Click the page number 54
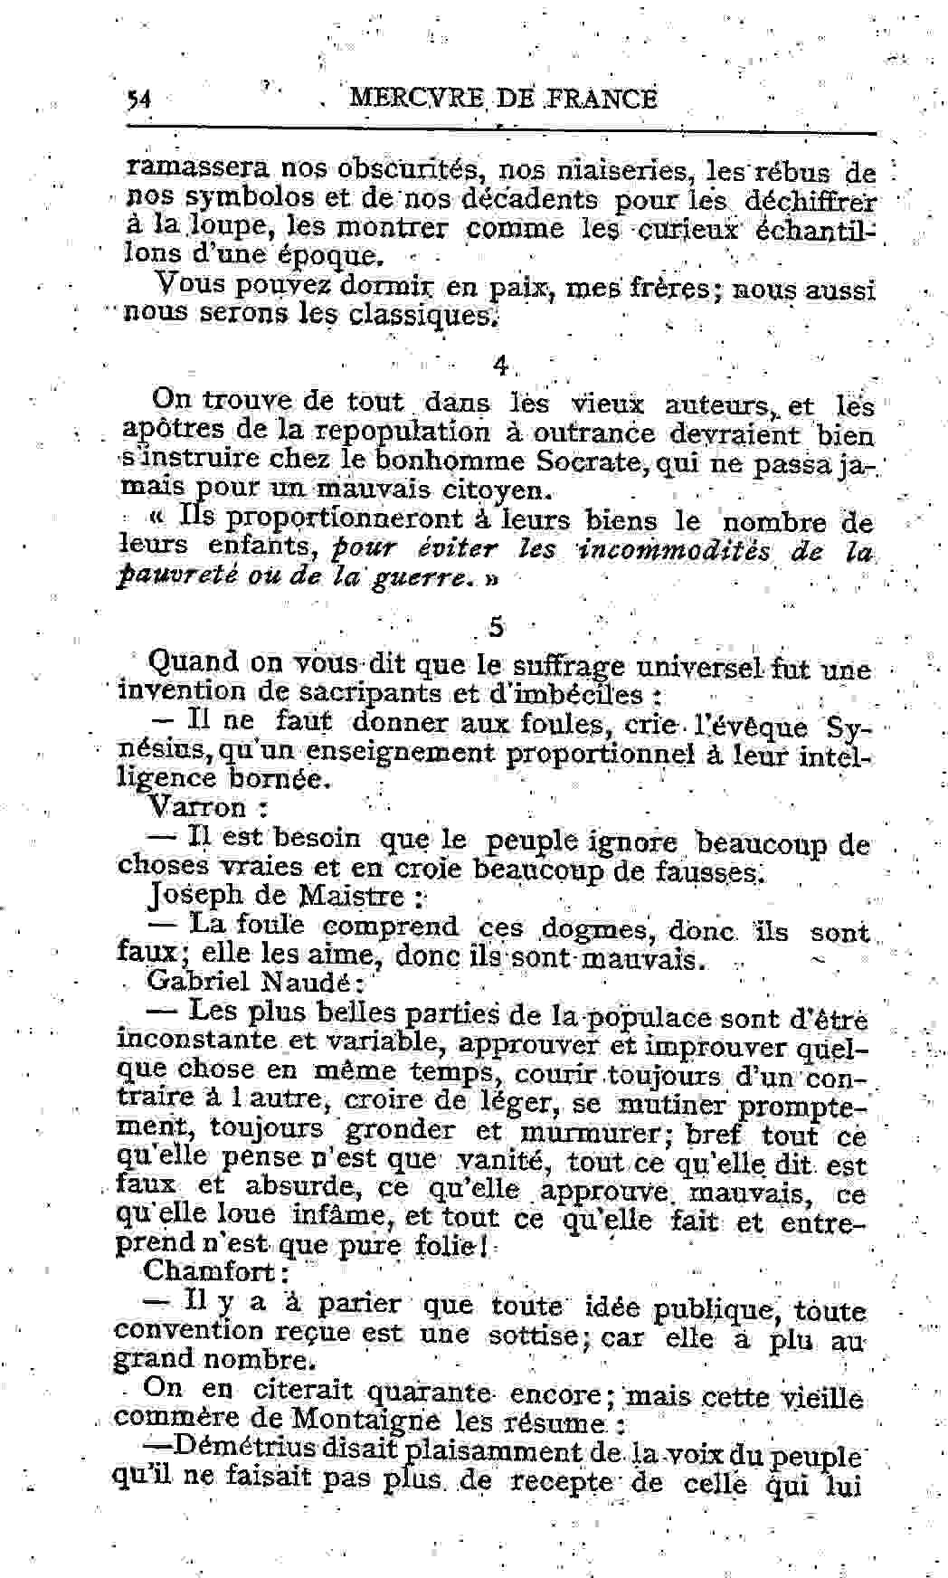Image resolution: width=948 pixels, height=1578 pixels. pyautogui.click(x=138, y=100)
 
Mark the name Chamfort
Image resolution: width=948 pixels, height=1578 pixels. pyautogui.click(x=210, y=1270)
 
